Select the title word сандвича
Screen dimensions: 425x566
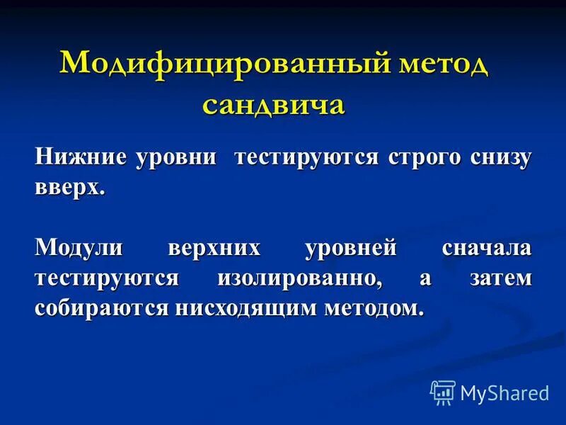coord(274,104)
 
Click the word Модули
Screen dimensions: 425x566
coord(79,249)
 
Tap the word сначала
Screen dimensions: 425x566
coord(486,249)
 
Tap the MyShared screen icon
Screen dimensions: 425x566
coord(443,392)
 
